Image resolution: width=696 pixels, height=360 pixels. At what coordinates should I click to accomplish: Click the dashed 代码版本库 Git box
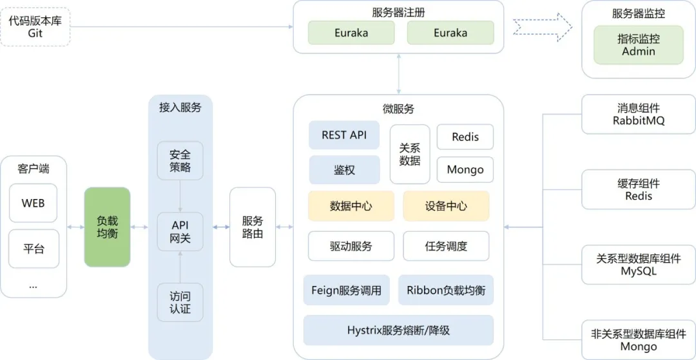(35, 27)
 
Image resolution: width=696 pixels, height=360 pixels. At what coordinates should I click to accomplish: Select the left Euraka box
(351, 33)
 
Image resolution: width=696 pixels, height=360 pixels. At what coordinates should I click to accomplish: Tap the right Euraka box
(450, 33)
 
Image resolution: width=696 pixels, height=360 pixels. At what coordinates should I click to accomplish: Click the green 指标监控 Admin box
(638, 45)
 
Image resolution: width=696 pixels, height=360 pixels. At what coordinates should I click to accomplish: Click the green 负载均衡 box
(107, 227)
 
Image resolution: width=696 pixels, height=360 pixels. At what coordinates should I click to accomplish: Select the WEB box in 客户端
(34, 204)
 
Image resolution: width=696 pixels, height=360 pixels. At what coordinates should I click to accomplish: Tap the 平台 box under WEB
(34, 249)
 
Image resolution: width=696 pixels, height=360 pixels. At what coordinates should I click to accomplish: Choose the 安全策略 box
(180, 161)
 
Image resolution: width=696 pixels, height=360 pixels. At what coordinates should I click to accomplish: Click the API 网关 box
(180, 232)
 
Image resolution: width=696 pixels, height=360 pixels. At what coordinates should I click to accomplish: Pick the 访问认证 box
(180, 303)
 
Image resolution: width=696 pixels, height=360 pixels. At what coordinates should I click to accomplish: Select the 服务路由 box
(253, 227)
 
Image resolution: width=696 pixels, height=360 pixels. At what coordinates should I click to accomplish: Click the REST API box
(344, 135)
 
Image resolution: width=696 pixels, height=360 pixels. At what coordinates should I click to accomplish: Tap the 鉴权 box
(344, 170)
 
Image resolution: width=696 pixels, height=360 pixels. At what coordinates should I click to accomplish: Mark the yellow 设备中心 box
(446, 206)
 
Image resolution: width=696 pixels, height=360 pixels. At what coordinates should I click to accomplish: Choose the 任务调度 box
(446, 246)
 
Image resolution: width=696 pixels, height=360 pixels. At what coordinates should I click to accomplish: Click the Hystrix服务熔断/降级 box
(398, 330)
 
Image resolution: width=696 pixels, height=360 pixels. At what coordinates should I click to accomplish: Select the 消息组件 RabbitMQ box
(638, 115)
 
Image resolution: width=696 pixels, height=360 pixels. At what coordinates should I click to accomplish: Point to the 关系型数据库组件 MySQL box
(638, 265)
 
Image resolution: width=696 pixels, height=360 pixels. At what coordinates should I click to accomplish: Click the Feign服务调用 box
(346, 290)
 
